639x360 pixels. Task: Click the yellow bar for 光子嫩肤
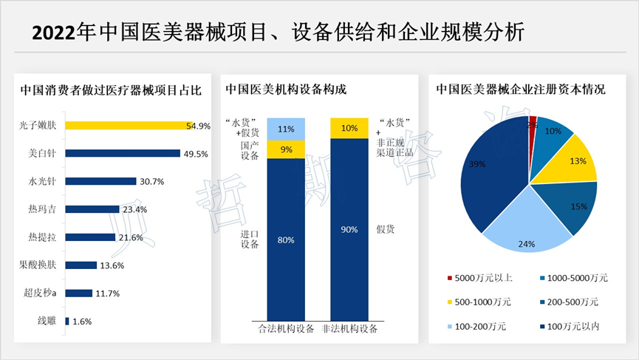[x=126, y=126]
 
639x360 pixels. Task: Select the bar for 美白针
[x=123, y=153]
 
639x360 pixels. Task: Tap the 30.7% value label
[x=151, y=181]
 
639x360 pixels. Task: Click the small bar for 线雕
[x=67, y=321]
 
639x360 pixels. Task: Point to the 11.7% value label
[x=107, y=293]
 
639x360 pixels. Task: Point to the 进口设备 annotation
[x=249, y=240]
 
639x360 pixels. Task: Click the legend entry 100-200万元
[x=481, y=327]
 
